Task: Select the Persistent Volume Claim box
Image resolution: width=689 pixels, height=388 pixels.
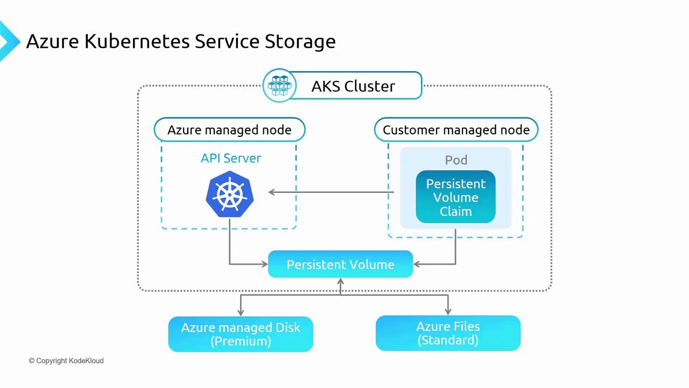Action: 455,197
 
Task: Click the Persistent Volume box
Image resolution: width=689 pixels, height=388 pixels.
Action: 340,265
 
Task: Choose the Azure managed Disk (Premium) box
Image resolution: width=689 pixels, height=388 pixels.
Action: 241,334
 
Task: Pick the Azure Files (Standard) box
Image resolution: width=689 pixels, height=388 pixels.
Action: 448,333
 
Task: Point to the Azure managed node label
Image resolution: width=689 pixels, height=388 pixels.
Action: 229,130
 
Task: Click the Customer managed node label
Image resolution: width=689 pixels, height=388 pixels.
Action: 456,130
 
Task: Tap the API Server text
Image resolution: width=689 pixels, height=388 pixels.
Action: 231,158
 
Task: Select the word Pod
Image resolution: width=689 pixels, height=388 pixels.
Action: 456,160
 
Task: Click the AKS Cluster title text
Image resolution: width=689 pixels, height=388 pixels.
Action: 353,86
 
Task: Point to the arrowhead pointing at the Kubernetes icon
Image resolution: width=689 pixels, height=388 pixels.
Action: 272,192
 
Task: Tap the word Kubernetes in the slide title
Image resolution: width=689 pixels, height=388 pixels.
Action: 137,41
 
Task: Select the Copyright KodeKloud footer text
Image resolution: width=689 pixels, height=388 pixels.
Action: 66,361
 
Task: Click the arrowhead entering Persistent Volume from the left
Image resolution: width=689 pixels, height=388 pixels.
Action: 264,264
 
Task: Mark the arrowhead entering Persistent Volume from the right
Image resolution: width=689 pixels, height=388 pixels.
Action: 417,264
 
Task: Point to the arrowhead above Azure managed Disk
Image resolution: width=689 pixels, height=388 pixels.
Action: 241,312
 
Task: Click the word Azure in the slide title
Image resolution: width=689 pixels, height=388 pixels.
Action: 53,41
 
